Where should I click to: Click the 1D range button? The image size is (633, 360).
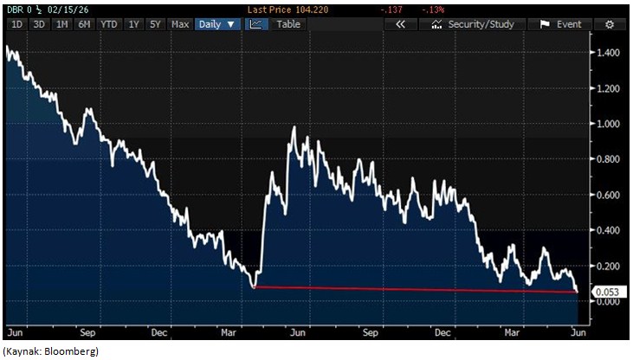[x=16, y=24]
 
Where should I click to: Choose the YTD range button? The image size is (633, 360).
[x=109, y=24]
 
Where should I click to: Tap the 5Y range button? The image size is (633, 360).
[x=156, y=24]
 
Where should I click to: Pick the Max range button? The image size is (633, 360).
[x=180, y=24]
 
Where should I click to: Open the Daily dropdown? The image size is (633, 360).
[x=217, y=24]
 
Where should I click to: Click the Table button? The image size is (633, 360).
[x=288, y=24]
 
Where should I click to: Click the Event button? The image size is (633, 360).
[x=561, y=24]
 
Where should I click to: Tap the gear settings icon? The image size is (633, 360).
[x=610, y=24]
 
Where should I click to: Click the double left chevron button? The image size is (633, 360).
[x=399, y=24]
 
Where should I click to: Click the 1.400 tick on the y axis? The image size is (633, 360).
[x=609, y=54]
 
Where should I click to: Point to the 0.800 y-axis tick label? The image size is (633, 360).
[x=609, y=160]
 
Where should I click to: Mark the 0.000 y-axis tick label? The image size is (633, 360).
[x=609, y=301]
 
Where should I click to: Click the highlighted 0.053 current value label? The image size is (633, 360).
[x=609, y=292]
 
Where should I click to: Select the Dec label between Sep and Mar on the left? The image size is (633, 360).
[x=158, y=331]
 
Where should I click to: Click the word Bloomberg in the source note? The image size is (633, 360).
[x=73, y=350]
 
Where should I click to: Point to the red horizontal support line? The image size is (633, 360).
[x=416, y=290]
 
